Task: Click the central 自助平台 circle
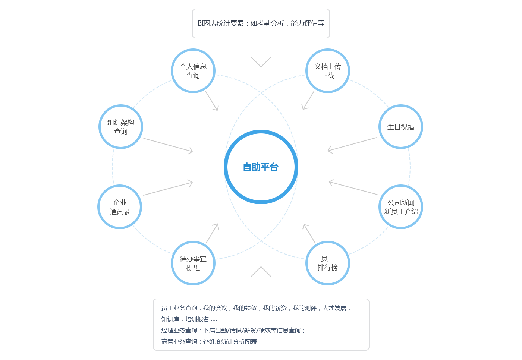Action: click(x=261, y=167)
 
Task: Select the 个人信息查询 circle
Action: click(x=193, y=71)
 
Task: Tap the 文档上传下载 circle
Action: click(x=328, y=71)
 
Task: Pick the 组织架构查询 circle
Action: click(x=121, y=127)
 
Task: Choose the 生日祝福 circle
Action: click(x=401, y=127)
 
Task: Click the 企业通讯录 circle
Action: click(x=120, y=207)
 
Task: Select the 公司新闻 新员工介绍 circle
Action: click(x=401, y=207)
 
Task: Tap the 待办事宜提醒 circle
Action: click(x=193, y=263)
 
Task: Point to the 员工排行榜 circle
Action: click(x=328, y=263)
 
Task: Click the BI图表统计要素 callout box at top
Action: click(x=261, y=23)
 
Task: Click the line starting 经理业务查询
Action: click(x=233, y=330)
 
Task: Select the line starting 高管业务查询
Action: click(x=211, y=341)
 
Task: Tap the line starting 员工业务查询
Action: click(x=256, y=308)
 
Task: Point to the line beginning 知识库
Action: click(x=190, y=319)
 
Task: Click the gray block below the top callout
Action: click(x=261, y=62)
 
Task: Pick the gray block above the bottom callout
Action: click(x=261, y=271)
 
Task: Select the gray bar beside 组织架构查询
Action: click(x=167, y=145)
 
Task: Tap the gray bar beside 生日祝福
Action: click(x=352, y=144)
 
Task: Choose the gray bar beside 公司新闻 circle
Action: click(x=353, y=188)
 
